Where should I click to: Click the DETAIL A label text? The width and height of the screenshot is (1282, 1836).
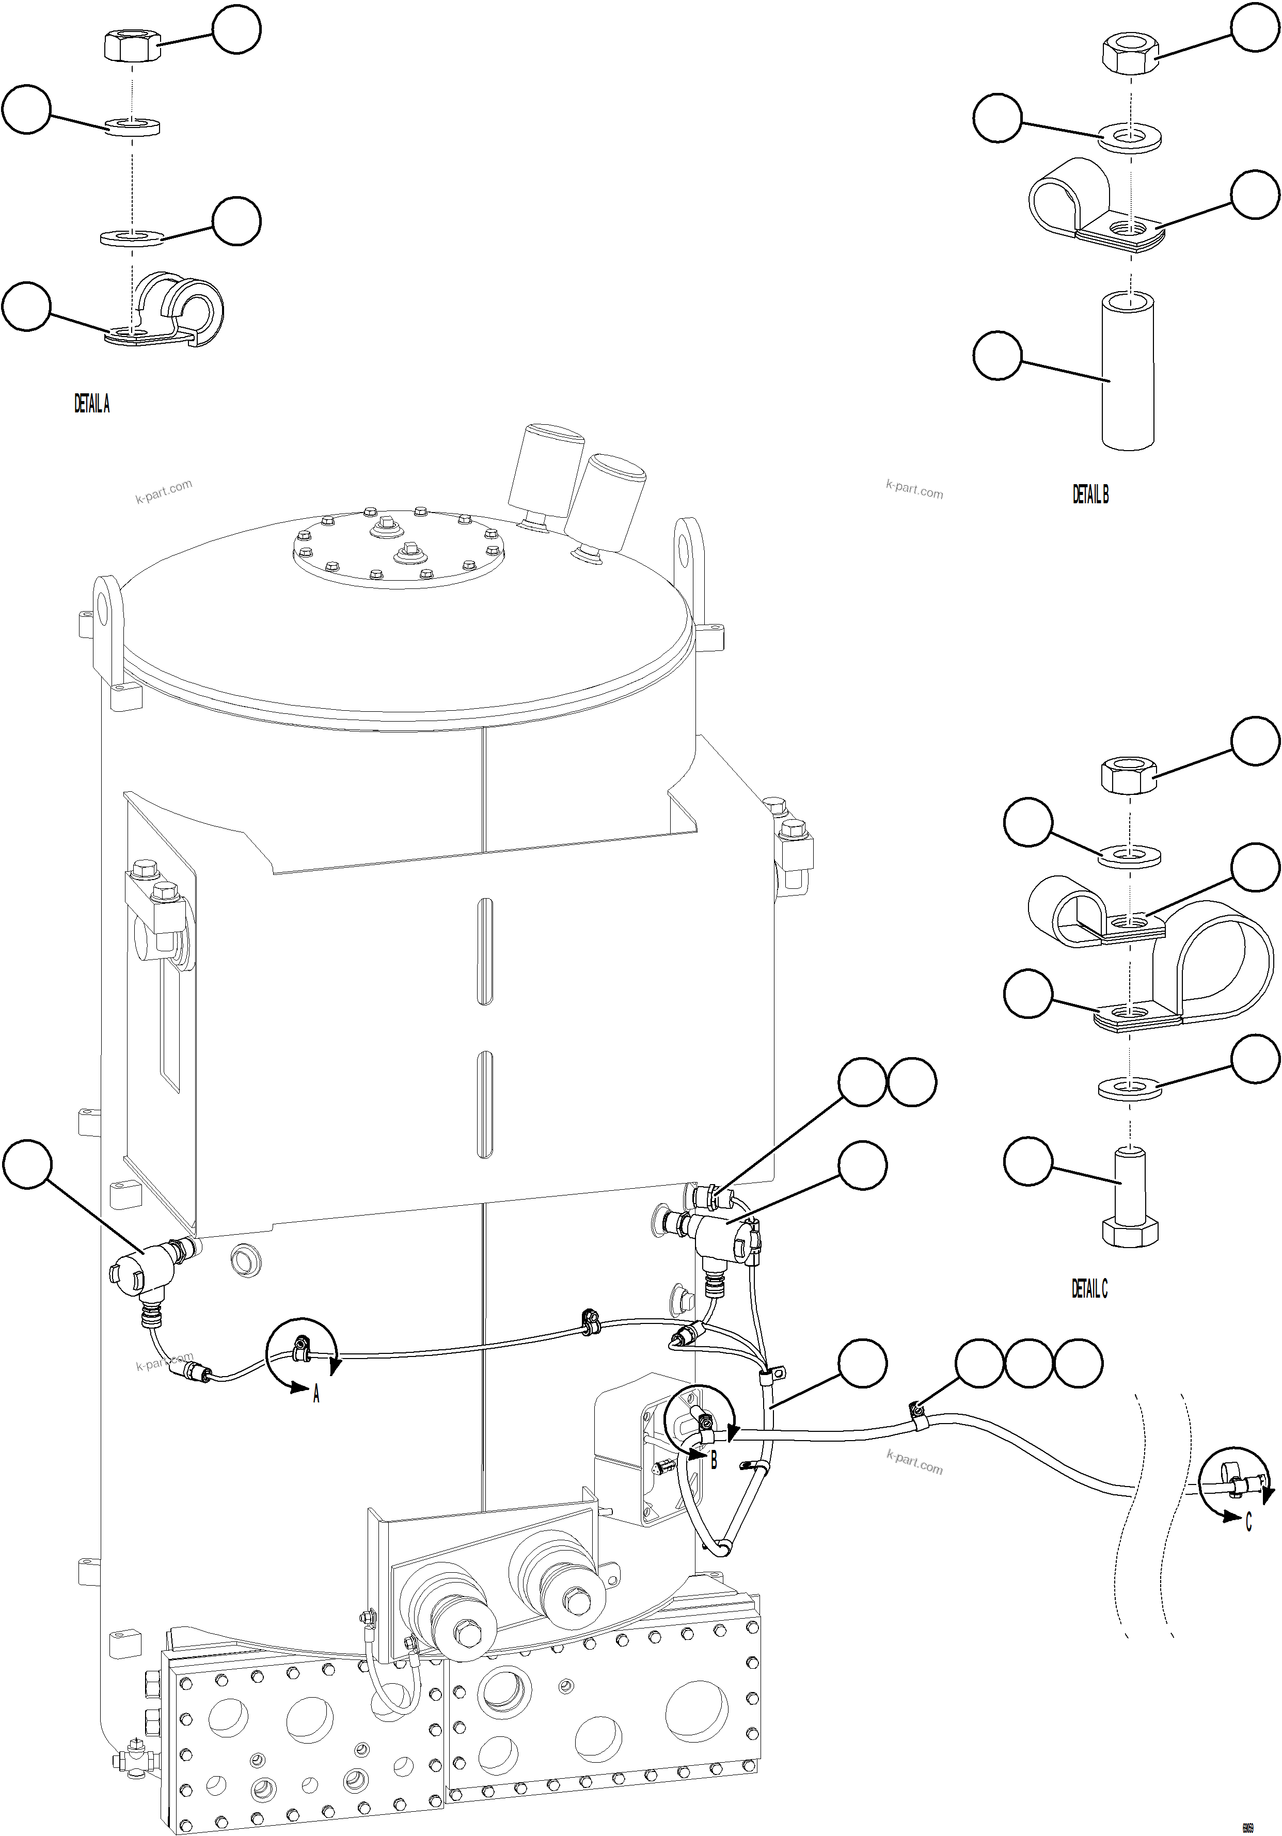[92, 404]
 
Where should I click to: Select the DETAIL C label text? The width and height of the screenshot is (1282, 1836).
[1089, 1289]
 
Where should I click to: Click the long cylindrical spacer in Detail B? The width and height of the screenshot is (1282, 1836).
[1129, 372]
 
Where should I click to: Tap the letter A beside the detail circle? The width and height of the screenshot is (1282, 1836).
[316, 1395]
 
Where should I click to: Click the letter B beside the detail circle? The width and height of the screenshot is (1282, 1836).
[714, 1460]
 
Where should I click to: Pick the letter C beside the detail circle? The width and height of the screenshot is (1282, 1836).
[1248, 1523]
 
